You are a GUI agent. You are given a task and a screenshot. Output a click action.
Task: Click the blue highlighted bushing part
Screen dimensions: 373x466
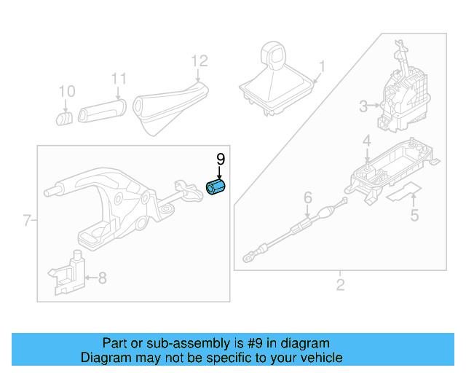(x=216, y=189)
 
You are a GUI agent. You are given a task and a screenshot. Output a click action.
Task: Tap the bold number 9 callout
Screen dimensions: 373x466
(x=220, y=159)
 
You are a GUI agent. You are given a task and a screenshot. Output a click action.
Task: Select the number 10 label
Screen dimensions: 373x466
(x=66, y=91)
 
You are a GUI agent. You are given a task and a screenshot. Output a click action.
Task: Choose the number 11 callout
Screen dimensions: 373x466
(x=119, y=79)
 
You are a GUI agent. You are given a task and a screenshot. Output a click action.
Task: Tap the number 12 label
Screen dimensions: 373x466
(x=199, y=60)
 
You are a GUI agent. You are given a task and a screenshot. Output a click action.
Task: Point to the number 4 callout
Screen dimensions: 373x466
(x=367, y=141)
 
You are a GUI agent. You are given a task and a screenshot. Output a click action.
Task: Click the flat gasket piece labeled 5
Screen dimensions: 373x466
(x=403, y=193)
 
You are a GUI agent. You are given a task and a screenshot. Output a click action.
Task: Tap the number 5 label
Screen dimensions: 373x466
(x=414, y=215)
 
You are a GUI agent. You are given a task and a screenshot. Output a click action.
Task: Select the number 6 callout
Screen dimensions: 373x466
(x=307, y=197)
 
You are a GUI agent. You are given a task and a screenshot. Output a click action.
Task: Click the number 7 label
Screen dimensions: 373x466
(x=27, y=220)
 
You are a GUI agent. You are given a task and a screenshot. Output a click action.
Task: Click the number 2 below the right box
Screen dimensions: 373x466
(x=340, y=284)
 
